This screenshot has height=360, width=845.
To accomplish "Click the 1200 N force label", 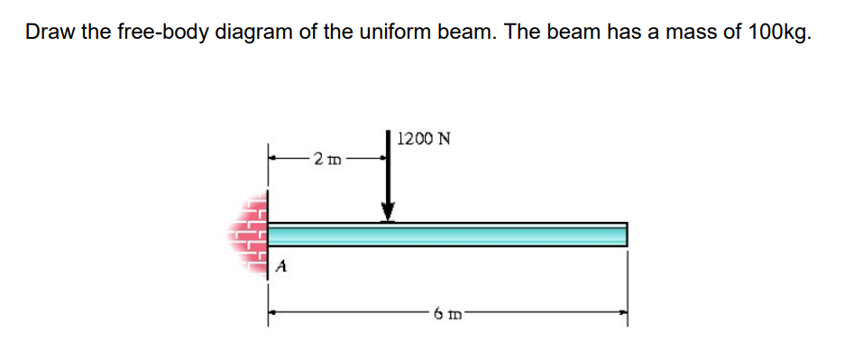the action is [x=424, y=139].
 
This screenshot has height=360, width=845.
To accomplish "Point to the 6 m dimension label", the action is [x=446, y=314].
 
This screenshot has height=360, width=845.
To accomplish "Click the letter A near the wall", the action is [x=282, y=266].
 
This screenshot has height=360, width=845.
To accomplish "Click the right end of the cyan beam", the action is [x=623, y=234].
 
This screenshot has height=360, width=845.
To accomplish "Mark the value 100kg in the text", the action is [x=778, y=32].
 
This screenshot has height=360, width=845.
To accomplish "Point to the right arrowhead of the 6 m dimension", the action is [x=622, y=314].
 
